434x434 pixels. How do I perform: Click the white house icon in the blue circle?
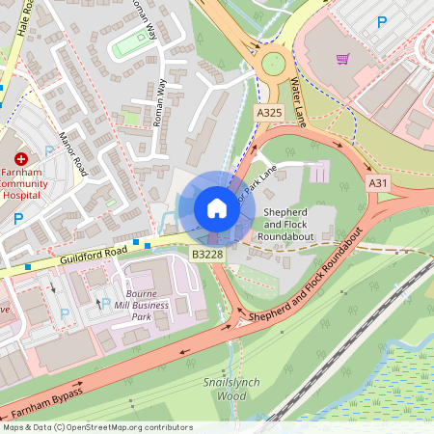[x=217, y=207]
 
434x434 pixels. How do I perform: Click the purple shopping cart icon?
[x=342, y=58]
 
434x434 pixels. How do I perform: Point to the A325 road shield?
[x=269, y=113]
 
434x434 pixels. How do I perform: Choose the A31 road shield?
[x=379, y=182]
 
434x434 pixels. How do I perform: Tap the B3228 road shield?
[x=206, y=254]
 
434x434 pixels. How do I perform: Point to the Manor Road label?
[x=72, y=155]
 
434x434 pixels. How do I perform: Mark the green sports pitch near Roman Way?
[x=132, y=44]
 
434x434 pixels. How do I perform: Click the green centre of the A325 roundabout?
[x=273, y=64]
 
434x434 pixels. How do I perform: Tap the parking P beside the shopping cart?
[x=383, y=21]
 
